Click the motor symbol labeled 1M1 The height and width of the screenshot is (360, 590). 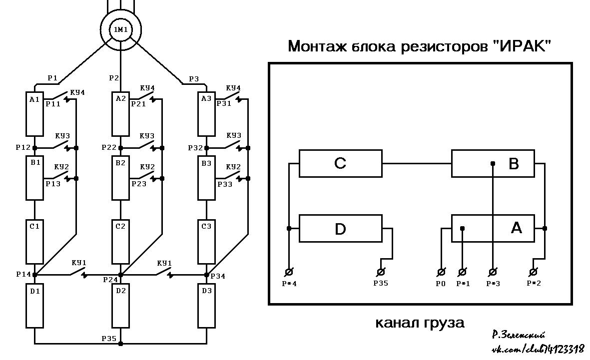coord(121,30)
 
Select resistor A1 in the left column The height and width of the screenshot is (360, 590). coord(34,114)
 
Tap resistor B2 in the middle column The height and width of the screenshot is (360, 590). coord(120,178)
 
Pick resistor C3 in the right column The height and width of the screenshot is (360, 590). coord(207,242)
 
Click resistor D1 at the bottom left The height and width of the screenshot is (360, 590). coord(34,306)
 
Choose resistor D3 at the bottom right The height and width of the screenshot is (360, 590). coord(207,306)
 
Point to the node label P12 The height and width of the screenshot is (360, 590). coord(23,147)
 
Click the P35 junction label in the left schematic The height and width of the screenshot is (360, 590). coord(109,339)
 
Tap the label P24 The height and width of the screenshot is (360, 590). coord(110,280)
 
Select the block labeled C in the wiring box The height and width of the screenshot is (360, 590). coord(341,164)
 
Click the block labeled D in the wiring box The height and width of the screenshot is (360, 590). coord(341,228)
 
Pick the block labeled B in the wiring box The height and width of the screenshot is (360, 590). coord(493,164)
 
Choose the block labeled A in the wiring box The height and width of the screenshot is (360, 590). coord(493,228)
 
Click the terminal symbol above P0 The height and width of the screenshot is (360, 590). coord(441,272)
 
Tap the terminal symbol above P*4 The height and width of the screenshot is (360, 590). coord(289,272)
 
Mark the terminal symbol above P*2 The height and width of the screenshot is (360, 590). coord(533,272)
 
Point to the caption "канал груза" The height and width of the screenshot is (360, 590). coord(420,323)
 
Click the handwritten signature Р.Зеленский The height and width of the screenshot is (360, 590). coord(519,335)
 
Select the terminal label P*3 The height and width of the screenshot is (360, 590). coord(493,284)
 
